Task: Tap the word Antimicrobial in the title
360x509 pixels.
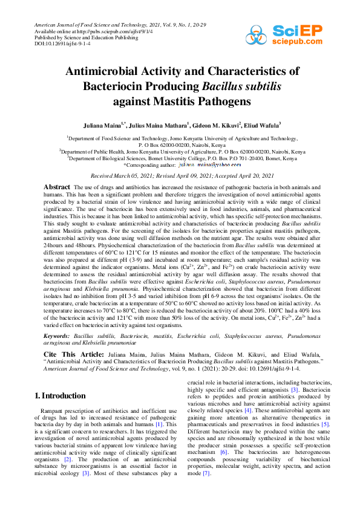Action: coord(111,71)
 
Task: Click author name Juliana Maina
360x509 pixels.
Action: coord(100,125)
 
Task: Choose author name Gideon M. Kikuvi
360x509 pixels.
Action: coord(218,125)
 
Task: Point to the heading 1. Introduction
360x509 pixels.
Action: coord(60,395)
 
